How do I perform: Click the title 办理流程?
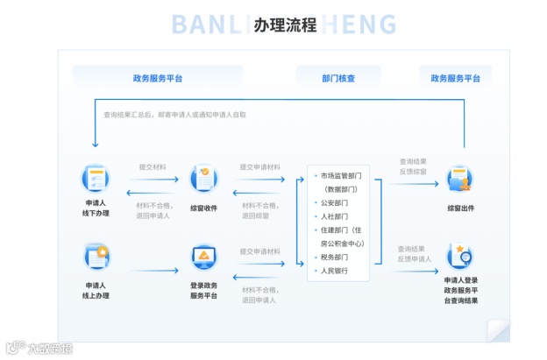click(284, 25)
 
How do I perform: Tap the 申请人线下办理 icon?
click(96, 179)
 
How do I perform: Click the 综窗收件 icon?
click(203, 178)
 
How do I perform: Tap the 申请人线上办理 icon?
click(96, 257)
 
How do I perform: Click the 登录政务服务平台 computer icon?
click(203, 258)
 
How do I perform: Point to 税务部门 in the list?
click(334, 258)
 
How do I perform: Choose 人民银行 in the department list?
click(334, 271)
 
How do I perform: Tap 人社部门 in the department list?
click(334, 216)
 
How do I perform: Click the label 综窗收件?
click(203, 208)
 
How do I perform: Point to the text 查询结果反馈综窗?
click(412, 166)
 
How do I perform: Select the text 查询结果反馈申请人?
click(414, 253)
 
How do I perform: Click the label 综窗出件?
click(460, 208)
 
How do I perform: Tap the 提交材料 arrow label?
click(152, 166)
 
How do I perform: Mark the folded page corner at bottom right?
click(497, 330)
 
